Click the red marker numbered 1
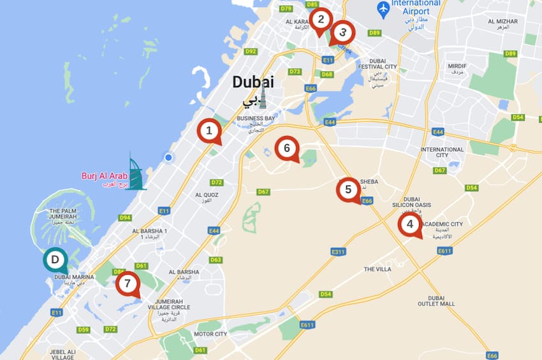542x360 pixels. click(x=208, y=131)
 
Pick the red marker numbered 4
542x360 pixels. click(x=409, y=224)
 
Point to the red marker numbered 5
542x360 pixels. click(x=348, y=189)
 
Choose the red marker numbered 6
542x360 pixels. click(x=287, y=148)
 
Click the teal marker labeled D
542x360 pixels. click(x=55, y=259)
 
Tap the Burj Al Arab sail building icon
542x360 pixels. click(x=135, y=172)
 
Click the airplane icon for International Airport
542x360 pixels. click(x=383, y=10)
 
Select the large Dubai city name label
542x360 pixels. click(x=253, y=82)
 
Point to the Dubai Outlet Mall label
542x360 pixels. click(x=441, y=301)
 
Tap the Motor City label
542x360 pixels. click(x=210, y=334)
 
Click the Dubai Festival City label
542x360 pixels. click(x=377, y=63)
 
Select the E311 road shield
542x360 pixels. click(x=338, y=252)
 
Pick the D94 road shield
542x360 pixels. click(x=125, y=217)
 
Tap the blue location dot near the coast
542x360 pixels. click(x=168, y=157)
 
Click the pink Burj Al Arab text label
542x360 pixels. click(x=105, y=176)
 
